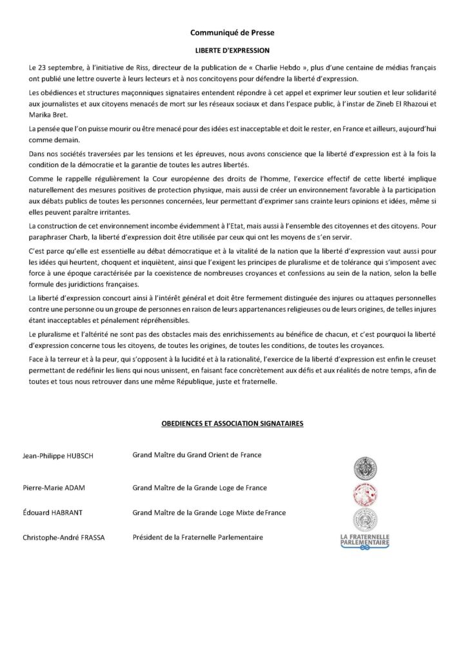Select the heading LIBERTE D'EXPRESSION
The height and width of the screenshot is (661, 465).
pyautogui.click(x=232, y=49)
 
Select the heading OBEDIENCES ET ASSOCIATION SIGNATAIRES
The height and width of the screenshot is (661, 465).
pyautogui.click(x=232, y=424)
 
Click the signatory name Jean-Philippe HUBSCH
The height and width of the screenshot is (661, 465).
pyautogui.click(x=59, y=456)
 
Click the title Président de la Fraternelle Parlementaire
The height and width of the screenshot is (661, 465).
pyautogui.click(x=197, y=537)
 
